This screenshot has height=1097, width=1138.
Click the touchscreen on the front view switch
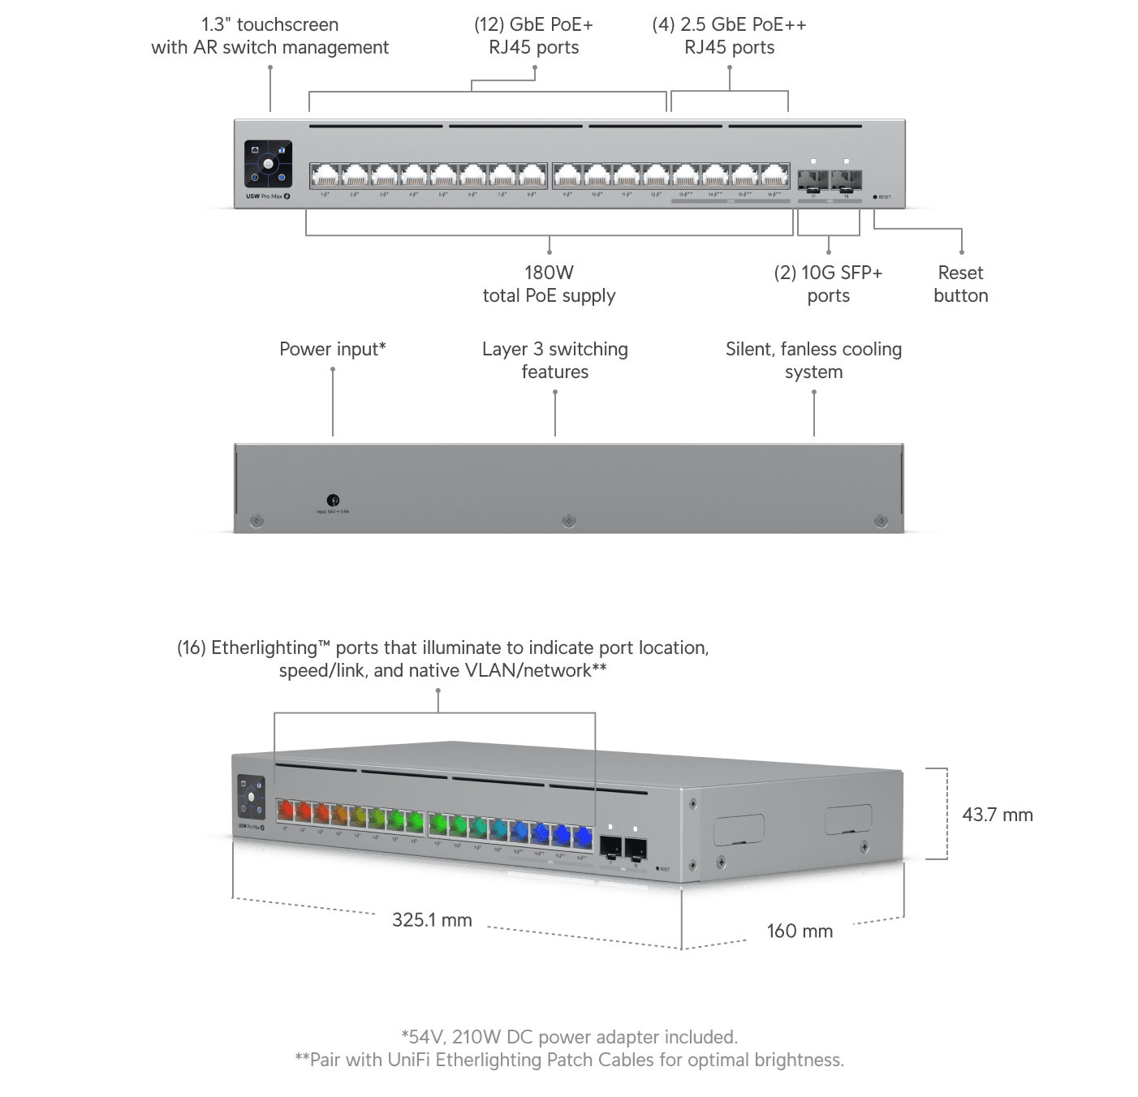point(268,164)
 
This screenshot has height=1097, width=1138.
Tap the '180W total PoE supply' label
point(549,284)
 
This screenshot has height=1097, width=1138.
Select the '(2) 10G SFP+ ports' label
point(828,284)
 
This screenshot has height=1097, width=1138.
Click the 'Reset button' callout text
point(960,284)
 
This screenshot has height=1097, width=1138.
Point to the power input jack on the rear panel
point(333,500)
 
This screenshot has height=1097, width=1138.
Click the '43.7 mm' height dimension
point(998,815)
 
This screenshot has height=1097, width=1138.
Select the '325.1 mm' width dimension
point(432,919)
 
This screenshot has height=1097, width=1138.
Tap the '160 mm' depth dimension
point(800,931)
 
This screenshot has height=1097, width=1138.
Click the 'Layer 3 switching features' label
point(554,360)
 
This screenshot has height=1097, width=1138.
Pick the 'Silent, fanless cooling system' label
point(813,360)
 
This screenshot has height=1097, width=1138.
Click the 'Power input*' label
point(333,349)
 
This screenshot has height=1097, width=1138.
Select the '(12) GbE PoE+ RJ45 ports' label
point(533,36)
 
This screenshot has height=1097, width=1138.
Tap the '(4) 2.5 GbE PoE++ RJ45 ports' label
point(729,36)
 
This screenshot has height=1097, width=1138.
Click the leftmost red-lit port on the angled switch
point(285,810)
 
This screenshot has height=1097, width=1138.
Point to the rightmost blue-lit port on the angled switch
point(583,836)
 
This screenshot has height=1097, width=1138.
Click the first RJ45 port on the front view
point(325,175)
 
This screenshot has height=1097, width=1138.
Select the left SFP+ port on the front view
point(813,179)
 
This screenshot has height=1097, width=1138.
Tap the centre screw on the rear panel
point(569,521)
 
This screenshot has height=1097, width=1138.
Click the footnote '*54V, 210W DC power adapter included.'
point(569,1037)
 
